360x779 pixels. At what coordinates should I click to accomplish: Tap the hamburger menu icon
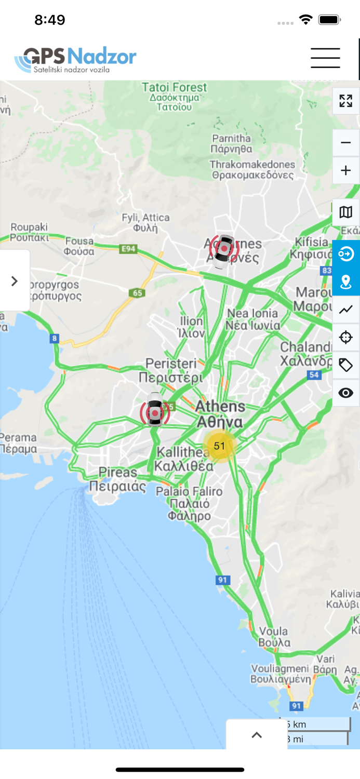[325, 58]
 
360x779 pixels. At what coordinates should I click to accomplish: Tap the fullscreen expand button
[345, 101]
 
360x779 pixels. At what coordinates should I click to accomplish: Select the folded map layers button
[345, 212]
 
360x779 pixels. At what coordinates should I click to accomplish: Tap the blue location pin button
[345, 282]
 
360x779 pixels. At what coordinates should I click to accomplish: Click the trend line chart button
[345, 310]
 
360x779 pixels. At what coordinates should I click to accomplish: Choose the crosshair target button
[345, 338]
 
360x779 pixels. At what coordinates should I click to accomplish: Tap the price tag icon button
[345, 365]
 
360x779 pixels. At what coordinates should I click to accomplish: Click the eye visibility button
[345, 393]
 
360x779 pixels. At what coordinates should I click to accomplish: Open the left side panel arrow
[15, 281]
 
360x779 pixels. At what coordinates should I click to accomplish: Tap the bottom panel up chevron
[257, 735]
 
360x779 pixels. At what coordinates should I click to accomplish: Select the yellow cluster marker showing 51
[220, 446]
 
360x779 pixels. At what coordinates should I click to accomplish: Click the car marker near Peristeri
[155, 410]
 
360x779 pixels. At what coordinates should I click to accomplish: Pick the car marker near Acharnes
[224, 250]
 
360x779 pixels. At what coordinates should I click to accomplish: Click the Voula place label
[273, 637]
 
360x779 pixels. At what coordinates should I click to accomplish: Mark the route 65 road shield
[137, 293]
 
